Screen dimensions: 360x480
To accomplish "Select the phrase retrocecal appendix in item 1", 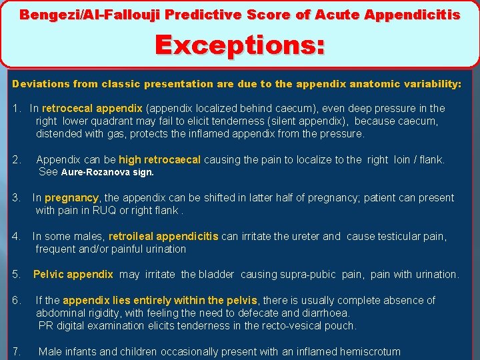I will pos(92,108).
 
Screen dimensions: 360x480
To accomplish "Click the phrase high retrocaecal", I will pos(159,159).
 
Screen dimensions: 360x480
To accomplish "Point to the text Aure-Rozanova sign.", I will pos(107,172).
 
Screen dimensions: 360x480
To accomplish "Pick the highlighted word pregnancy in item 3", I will pos(71,197).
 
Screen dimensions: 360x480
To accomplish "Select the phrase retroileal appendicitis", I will pos(163,236).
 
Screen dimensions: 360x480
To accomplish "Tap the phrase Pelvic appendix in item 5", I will pos(73,274).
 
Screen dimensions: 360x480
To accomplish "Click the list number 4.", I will pos(15,236).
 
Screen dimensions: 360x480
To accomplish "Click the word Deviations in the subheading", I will pos(39,84).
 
